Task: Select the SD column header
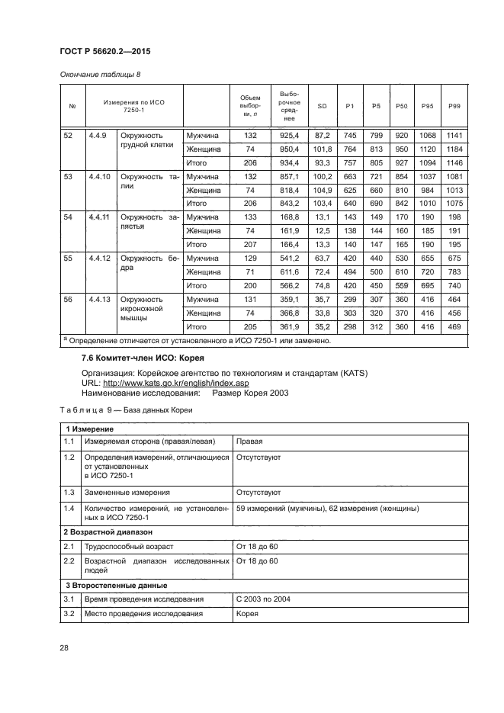[322, 105]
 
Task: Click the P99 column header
[455, 105]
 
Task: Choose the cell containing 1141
[455, 135]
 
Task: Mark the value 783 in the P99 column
[455, 272]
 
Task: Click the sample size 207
[250, 245]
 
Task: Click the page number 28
[65, 647]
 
